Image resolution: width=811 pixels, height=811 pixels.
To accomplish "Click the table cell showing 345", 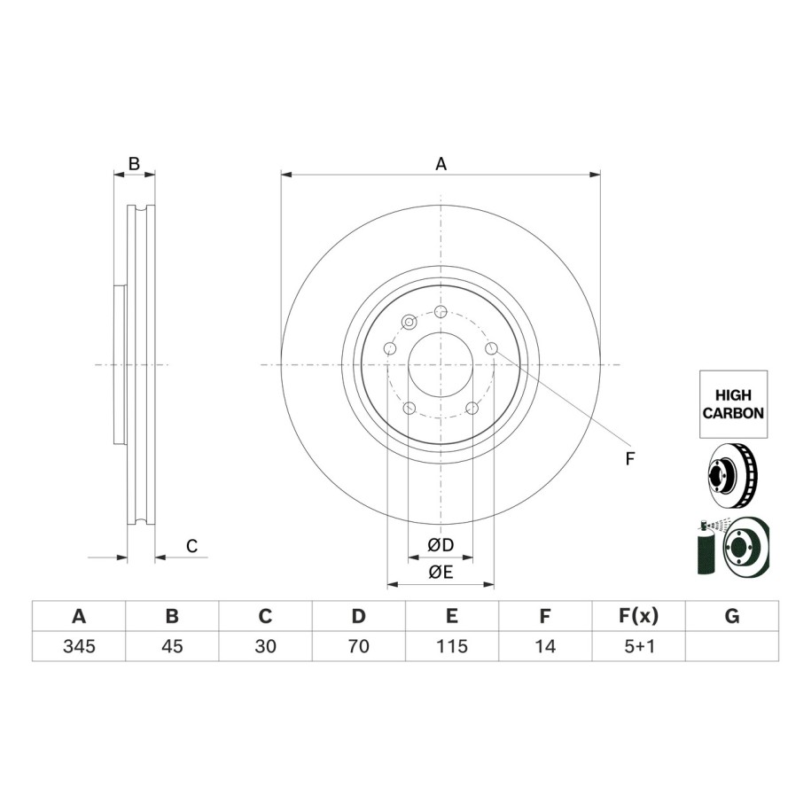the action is click(x=79, y=646).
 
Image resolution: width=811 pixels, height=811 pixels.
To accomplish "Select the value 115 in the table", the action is click(x=451, y=646).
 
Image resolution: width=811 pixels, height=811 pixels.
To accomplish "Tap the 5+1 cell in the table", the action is click(x=639, y=646).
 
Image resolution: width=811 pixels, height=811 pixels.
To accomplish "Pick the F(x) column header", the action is click(x=639, y=616).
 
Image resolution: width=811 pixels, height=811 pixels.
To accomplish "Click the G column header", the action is click(x=732, y=616).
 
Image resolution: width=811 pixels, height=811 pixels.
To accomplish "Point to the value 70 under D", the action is click(x=358, y=646).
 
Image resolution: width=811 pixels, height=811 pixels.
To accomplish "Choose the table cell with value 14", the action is click(x=545, y=646).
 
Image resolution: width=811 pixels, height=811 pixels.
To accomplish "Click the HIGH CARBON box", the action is click(x=733, y=404).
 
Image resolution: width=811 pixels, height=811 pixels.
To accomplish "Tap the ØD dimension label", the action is click(x=441, y=544).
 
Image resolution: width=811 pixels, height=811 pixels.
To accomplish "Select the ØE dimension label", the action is click(x=441, y=572).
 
